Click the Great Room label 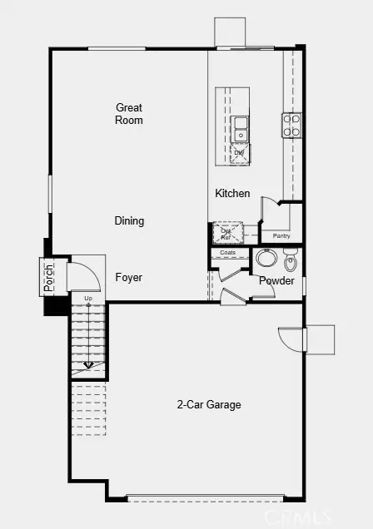129,114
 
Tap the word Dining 129,221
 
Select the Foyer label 128,278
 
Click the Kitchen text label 232,194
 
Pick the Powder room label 276,281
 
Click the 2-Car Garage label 208,405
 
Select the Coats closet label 228,252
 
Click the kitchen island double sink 240,129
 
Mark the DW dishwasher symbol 240,153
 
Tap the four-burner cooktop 292,125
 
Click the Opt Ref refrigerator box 226,232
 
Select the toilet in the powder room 290,262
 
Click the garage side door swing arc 291,339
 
